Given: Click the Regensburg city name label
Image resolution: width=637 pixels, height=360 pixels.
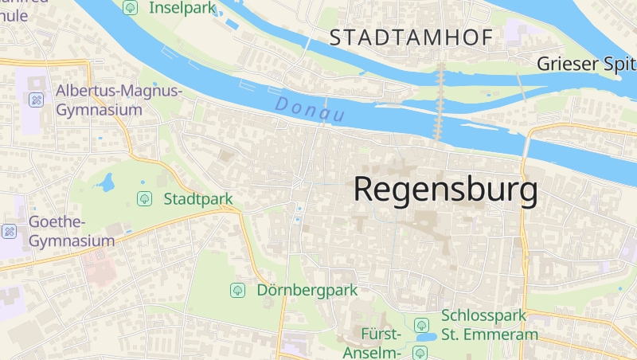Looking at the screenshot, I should [445, 190].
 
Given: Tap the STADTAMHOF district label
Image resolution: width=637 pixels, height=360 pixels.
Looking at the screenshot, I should [411, 37].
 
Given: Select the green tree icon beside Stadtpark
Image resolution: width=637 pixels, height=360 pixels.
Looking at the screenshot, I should [144, 198].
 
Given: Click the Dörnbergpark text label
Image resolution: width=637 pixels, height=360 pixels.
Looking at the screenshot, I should [307, 290].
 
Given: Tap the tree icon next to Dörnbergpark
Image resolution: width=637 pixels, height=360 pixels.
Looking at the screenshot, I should [237, 290].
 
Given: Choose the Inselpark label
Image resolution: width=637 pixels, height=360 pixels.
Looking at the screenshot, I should [182, 8].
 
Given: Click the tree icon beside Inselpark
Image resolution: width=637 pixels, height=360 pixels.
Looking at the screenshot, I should [131, 8].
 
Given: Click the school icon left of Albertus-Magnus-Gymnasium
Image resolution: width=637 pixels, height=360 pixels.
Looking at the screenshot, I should [36, 100].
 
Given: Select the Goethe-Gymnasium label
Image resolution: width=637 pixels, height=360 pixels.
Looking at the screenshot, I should [72, 231].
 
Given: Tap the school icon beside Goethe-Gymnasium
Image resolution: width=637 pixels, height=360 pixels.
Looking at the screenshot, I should [10, 231].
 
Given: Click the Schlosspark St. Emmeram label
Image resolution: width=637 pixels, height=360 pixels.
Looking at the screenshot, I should [484, 325].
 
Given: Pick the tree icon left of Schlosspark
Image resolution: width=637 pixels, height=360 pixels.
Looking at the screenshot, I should [421, 325].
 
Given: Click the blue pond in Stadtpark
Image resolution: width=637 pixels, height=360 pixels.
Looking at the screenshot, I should [104, 184].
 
